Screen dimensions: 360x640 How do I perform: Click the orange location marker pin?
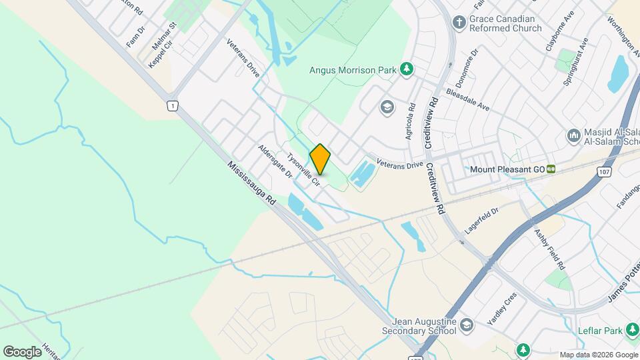pyautogui.click(x=320, y=159)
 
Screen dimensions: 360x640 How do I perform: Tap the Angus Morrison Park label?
pyautogui.click(x=353, y=69)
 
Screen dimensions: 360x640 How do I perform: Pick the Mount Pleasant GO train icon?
pyautogui.click(x=551, y=169)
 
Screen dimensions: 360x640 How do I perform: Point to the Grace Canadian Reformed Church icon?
pyautogui.click(x=459, y=23)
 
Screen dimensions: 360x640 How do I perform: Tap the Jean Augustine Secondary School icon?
pyautogui.click(x=467, y=325)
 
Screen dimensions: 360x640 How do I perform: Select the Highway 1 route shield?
pyautogui.click(x=173, y=106)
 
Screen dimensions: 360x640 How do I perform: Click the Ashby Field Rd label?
pyautogui.click(x=549, y=249)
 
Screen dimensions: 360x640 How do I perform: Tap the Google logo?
pyautogui.click(x=22, y=351)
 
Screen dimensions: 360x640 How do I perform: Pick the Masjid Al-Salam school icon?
pyautogui.click(x=574, y=136)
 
